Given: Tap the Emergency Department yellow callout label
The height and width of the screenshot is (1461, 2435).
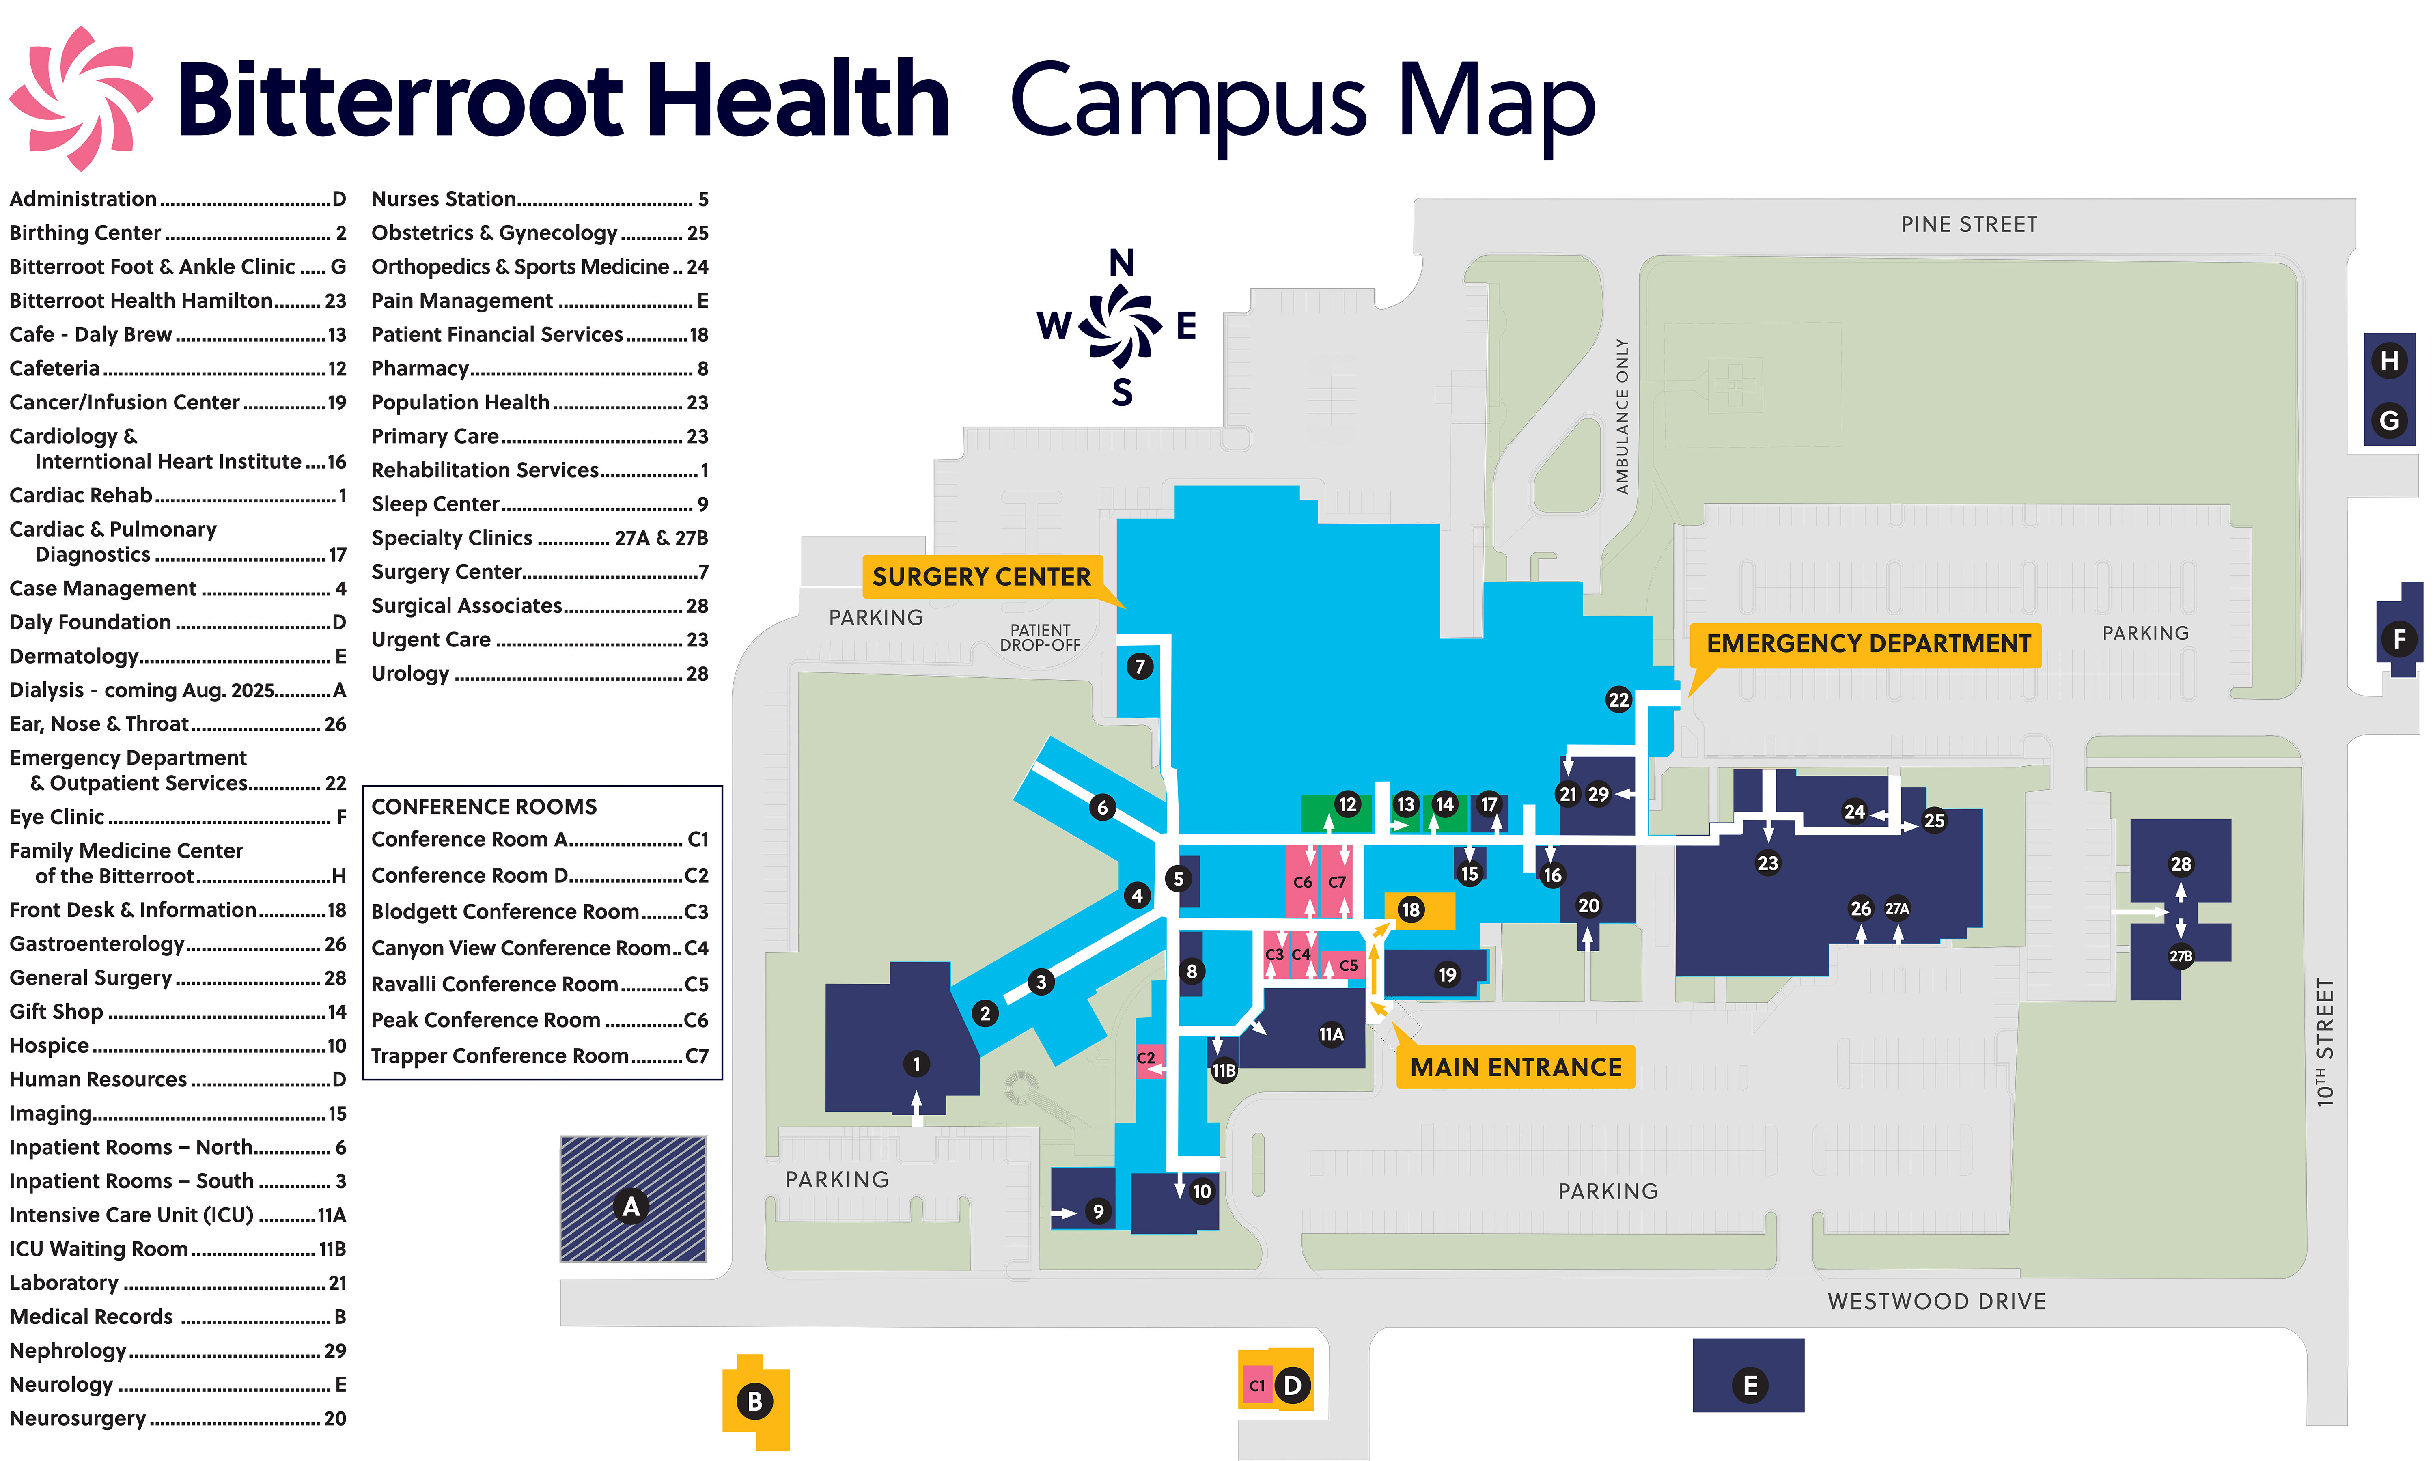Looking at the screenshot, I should click(1867, 644).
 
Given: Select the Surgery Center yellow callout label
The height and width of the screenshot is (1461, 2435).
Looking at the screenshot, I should click(981, 577).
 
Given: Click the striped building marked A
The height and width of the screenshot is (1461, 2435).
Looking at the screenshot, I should click(633, 1198).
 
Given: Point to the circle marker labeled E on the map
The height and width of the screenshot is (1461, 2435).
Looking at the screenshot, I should click(1749, 1385).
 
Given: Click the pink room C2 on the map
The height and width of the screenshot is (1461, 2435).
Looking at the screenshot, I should click(1146, 1058).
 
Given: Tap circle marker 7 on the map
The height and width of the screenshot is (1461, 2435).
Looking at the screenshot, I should click(1140, 666).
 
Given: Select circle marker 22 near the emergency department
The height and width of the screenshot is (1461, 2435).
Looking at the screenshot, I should click(1618, 700).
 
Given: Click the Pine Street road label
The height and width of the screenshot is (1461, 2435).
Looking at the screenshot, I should click(1968, 224).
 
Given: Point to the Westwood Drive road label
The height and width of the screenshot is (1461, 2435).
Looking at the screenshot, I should click(1936, 1302).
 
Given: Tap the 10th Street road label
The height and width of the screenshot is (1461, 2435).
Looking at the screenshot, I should click(2325, 1042).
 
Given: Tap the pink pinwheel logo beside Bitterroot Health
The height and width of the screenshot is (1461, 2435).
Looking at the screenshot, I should click(81, 99).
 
